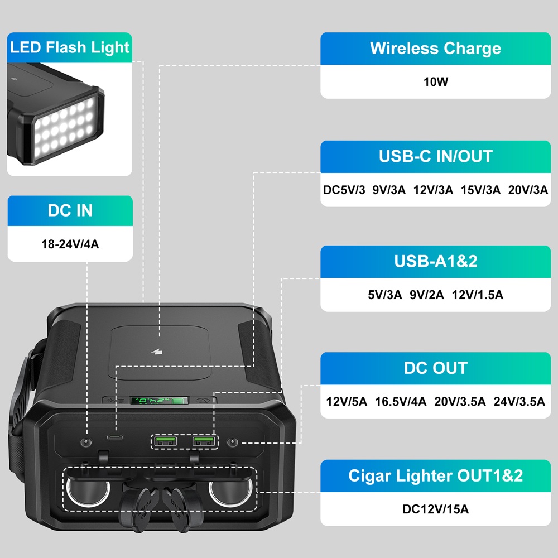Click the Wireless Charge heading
point(435,49)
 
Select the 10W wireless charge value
point(435,82)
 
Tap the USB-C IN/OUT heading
point(435,156)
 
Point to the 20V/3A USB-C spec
point(528,190)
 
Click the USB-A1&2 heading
point(435,261)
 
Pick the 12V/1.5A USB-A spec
point(477,295)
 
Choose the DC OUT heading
point(435,368)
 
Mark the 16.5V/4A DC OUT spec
point(401,401)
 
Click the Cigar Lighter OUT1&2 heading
point(435,476)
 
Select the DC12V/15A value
point(435,509)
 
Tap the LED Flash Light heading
point(70,47)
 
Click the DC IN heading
point(70,211)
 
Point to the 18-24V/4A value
point(70,243)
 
